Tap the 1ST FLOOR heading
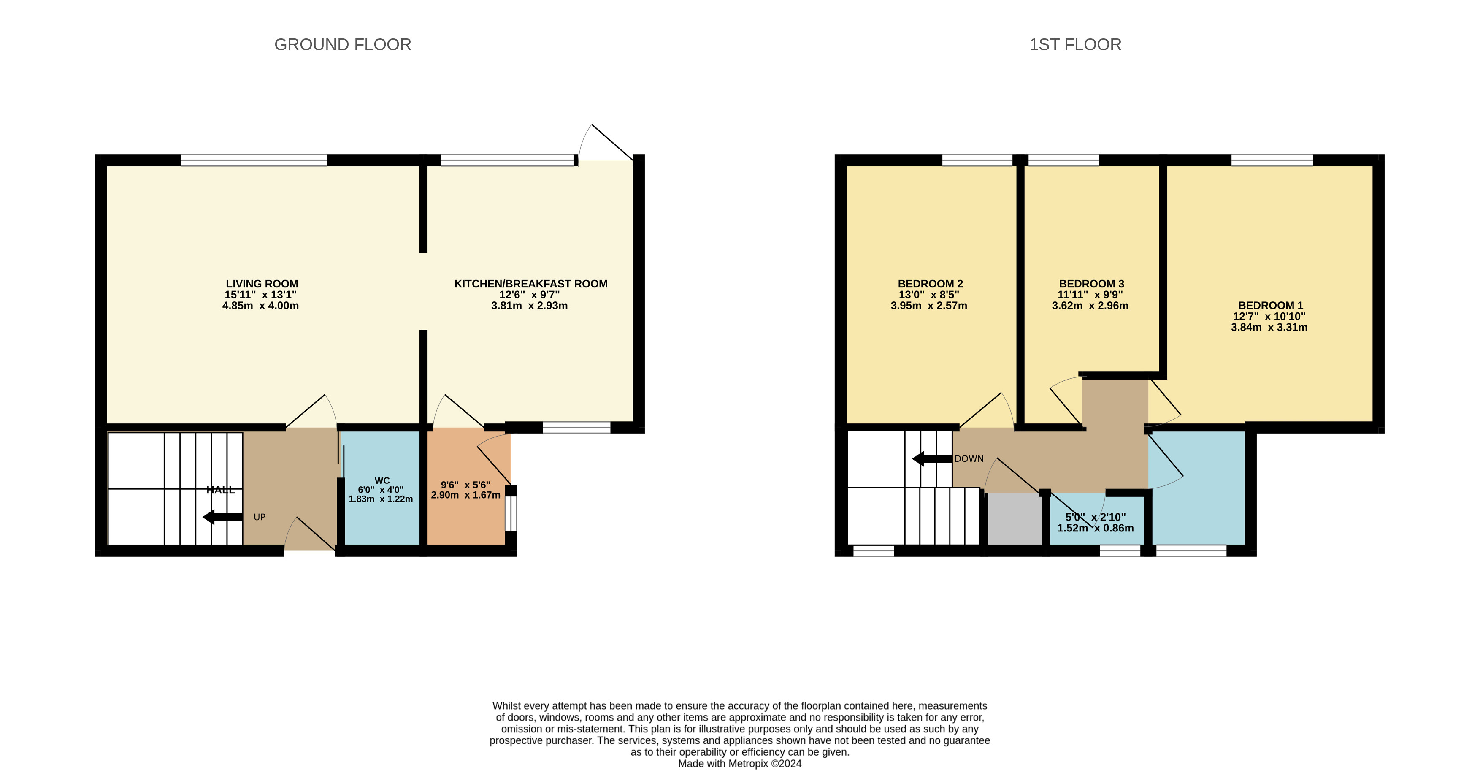[x=1074, y=44]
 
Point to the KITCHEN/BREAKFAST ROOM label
[x=530, y=283]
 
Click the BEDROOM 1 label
[x=1270, y=305]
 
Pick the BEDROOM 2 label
[x=930, y=283]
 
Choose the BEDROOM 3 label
[x=1091, y=283]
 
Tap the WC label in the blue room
[x=381, y=480]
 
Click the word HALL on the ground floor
[x=221, y=490]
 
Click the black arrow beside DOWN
[x=931, y=458]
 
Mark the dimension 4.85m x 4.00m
[x=260, y=306]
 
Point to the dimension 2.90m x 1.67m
[x=465, y=495]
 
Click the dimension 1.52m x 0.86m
[x=1095, y=528]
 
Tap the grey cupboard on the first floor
[x=1015, y=518]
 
